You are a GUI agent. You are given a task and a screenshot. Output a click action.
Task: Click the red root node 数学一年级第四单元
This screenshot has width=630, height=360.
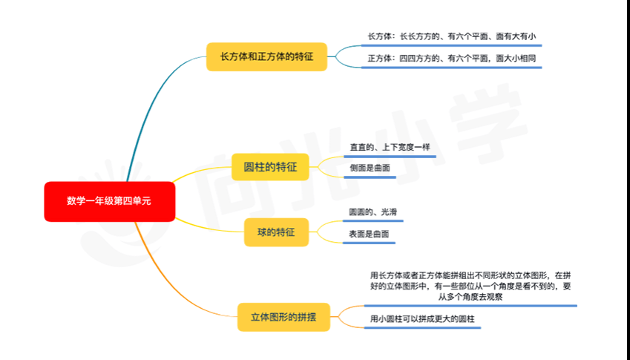(x=110, y=201)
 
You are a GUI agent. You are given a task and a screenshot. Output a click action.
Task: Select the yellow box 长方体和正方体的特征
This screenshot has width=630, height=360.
(x=267, y=57)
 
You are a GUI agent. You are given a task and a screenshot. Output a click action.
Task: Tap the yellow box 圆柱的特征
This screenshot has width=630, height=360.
(x=270, y=167)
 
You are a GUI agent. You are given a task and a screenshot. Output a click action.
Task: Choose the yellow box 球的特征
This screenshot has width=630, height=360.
(x=277, y=232)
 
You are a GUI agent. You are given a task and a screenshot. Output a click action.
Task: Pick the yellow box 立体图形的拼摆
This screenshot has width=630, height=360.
(x=283, y=317)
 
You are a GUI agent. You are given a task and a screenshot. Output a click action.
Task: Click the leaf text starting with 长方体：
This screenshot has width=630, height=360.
(x=452, y=36)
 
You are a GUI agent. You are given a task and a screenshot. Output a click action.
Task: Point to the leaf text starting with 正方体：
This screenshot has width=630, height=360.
(x=452, y=58)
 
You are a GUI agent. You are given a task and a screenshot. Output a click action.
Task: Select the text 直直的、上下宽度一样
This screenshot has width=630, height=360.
(x=390, y=148)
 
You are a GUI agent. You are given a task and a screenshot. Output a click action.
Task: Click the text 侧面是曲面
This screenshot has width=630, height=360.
(x=370, y=168)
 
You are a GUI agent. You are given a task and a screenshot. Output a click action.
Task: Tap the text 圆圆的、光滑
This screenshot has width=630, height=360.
(x=373, y=212)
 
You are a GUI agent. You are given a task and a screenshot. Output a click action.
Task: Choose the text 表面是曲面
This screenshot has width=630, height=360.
(x=369, y=235)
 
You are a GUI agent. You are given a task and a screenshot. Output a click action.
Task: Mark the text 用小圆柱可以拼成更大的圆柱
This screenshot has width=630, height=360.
(x=422, y=319)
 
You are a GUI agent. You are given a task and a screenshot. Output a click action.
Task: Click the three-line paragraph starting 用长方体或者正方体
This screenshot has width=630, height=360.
(x=470, y=286)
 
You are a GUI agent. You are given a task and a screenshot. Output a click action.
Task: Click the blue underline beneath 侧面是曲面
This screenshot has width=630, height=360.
(x=370, y=177)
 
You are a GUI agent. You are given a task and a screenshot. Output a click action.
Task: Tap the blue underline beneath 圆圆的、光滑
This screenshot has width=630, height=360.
(x=373, y=221)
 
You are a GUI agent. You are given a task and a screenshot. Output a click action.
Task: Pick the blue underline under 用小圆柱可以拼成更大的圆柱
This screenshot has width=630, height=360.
(x=423, y=328)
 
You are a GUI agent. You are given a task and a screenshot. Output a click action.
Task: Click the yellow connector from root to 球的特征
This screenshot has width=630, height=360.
(x=209, y=228)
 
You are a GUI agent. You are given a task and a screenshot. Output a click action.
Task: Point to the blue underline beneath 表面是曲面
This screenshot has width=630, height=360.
(x=369, y=243)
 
